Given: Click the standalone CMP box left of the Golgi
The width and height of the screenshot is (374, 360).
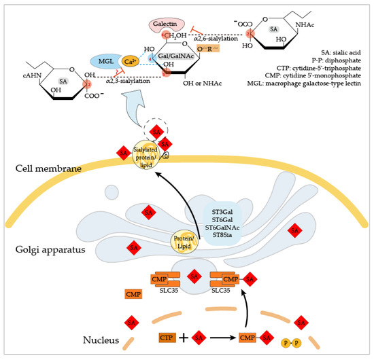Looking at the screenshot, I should click(134, 294).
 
